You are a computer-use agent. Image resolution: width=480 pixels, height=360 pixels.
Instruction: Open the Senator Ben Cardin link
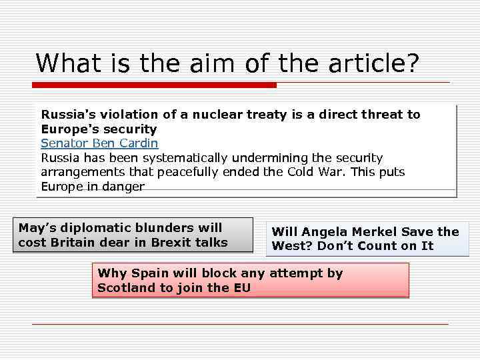click(99, 143)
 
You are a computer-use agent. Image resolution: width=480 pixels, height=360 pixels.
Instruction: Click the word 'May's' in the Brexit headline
click(37, 228)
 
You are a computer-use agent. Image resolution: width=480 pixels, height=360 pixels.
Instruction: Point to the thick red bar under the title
click(154, 85)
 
